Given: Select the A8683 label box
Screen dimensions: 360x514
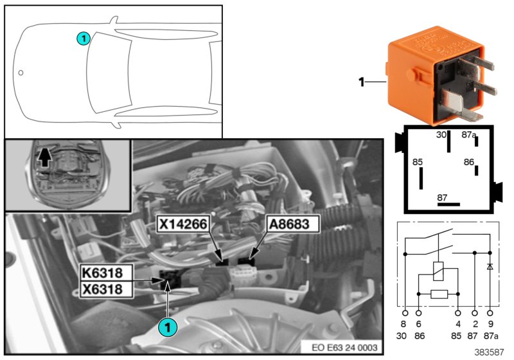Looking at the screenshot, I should tap(288, 224).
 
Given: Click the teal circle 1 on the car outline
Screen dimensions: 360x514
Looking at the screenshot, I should tap(83, 39).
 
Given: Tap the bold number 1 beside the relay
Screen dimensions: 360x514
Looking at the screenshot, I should tap(362, 82).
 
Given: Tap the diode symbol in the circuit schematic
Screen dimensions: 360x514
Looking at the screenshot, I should tap(491, 265).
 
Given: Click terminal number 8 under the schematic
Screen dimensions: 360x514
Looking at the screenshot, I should tap(404, 324).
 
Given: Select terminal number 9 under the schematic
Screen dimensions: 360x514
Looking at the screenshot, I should tap(492, 324).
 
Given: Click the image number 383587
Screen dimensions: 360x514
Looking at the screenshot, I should tap(489, 352).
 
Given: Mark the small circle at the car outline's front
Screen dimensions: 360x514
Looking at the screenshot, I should tap(21, 73).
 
